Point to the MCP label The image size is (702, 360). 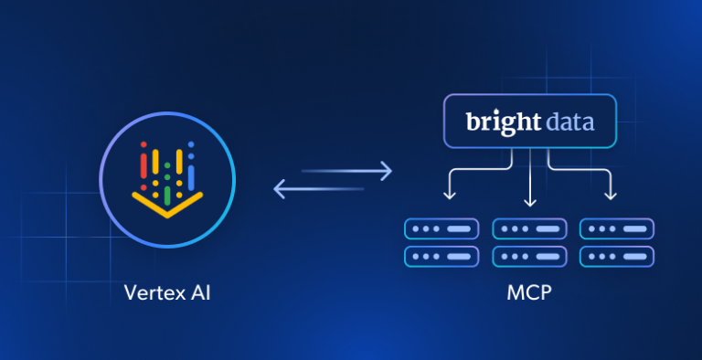527,293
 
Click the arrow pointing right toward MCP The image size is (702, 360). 347,171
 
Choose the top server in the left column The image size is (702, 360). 441,228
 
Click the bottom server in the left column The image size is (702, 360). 441,256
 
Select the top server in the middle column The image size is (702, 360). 528,228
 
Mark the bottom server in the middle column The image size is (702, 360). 528,256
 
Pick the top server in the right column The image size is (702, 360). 616,228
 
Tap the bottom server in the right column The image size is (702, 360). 616,256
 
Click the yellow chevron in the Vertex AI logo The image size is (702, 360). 167,204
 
